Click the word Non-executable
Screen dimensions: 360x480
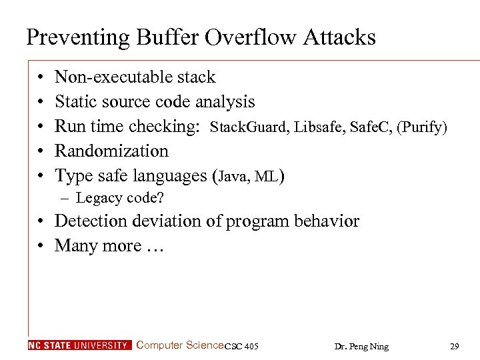click(x=106, y=77)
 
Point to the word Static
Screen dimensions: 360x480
click(x=74, y=102)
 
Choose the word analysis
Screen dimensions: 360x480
click(x=223, y=102)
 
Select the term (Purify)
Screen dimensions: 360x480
click(x=422, y=127)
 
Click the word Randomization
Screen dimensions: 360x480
click(x=111, y=151)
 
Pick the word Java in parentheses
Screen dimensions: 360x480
click(x=232, y=177)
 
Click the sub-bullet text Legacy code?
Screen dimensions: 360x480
click(x=120, y=198)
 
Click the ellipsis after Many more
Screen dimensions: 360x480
click(x=152, y=246)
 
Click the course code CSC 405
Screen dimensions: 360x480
click(x=241, y=346)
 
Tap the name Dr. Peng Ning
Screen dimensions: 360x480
click(x=361, y=346)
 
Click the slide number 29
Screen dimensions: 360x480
click(x=455, y=346)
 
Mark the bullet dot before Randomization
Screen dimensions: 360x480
click(x=41, y=152)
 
